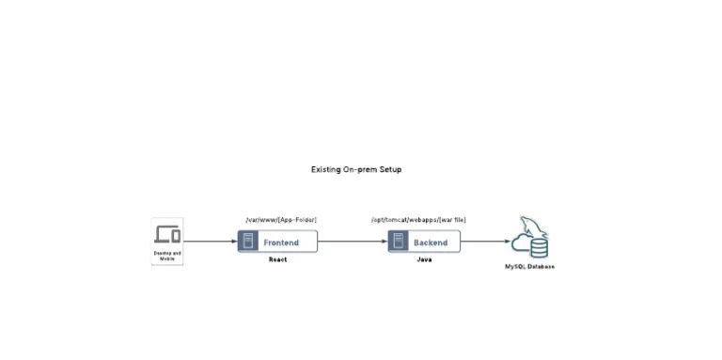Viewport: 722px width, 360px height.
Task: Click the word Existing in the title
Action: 326,170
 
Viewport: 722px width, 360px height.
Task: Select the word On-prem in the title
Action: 361,170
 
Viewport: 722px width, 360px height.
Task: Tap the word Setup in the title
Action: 390,170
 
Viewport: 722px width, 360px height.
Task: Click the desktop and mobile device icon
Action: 167,234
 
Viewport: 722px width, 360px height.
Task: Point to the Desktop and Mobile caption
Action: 167,256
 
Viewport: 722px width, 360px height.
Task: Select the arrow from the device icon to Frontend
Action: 210,242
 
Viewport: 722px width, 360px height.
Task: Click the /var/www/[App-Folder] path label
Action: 280,220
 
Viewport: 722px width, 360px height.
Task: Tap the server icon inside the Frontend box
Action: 248,242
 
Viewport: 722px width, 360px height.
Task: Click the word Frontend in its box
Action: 281,243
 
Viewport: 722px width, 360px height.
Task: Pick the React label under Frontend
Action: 277,259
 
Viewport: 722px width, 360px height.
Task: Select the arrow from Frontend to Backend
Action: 353,242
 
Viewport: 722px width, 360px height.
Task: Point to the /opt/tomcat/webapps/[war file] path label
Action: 418,220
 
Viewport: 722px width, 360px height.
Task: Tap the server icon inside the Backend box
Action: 399,242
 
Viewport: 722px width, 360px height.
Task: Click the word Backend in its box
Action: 431,243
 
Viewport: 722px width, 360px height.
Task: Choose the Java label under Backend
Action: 424,259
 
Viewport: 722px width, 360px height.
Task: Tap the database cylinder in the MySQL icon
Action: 539,247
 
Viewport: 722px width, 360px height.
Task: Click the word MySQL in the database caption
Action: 517,267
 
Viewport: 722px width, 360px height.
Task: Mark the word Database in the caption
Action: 541,267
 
